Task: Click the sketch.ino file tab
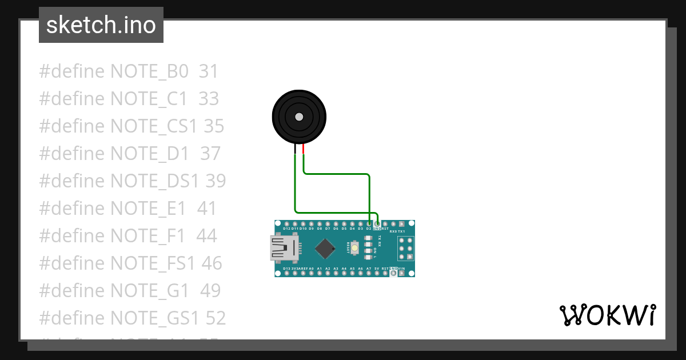(101, 25)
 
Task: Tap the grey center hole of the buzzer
(299, 117)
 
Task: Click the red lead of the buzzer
(304, 150)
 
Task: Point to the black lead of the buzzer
(296, 150)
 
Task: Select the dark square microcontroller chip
(325, 248)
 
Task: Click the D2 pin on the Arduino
(369, 223)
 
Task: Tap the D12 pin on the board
(286, 223)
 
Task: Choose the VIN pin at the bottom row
(402, 274)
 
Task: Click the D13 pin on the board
(286, 274)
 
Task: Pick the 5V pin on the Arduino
(377, 274)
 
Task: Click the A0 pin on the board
(311, 274)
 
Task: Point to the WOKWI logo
(607, 315)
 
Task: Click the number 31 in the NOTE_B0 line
(209, 71)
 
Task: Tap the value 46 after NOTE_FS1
(212, 263)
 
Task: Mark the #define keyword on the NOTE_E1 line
(72, 209)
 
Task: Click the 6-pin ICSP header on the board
(406, 249)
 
